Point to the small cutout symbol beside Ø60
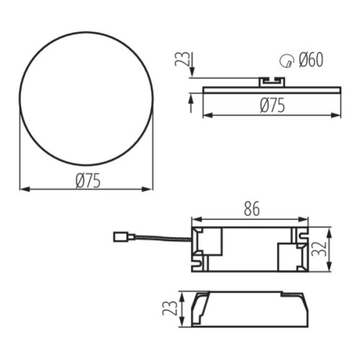tap(286, 62)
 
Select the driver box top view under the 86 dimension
tap(249, 249)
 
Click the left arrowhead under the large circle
tap(23, 189)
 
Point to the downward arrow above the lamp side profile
tap(190, 72)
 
